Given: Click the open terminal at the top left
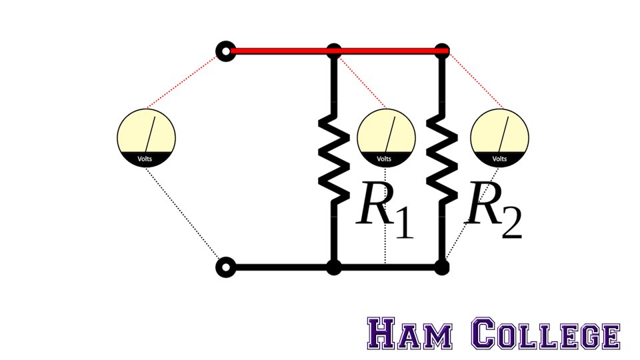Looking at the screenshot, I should tap(227, 51).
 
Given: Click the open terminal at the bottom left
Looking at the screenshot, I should tap(227, 268).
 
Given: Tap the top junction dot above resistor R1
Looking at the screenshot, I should tap(335, 51).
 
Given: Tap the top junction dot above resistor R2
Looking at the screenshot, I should tap(441, 51).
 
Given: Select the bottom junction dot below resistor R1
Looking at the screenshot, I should tap(335, 268).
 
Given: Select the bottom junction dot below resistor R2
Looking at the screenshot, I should tap(441, 268).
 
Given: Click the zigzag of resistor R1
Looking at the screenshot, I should tap(335, 159).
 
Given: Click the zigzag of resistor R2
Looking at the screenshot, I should tap(441, 159).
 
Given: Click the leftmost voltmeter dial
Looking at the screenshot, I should tap(147, 137).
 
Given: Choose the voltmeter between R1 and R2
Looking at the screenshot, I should tap(387, 137).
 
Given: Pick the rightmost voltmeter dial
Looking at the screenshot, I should tap(500, 137).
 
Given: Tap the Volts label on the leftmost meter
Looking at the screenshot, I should tap(145, 159).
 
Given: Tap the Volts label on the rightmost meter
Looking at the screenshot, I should tap(499, 159).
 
